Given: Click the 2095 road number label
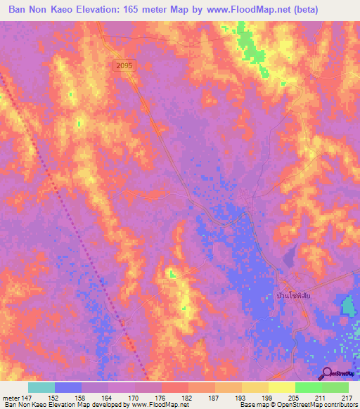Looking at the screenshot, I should click(123, 65).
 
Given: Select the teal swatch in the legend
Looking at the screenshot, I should click(41, 387).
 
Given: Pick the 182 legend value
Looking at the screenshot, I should click(187, 397).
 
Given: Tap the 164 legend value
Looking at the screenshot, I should click(107, 397).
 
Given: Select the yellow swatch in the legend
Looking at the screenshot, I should click(281, 387).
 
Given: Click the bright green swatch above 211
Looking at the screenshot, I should click(308, 387).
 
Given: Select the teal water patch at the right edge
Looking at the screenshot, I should click(349, 306).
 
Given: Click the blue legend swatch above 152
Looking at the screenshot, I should click(68, 387).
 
